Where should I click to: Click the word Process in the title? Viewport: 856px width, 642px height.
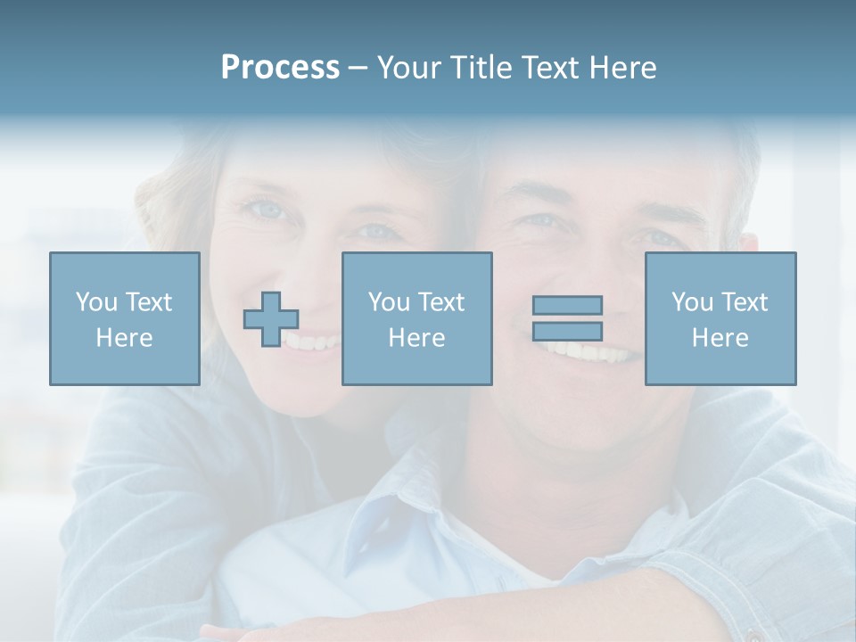(x=280, y=68)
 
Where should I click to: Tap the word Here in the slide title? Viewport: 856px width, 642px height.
(x=621, y=68)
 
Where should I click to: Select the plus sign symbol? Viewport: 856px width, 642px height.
(x=271, y=319)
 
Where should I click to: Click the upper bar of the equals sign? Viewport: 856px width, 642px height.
(x=567, y=305)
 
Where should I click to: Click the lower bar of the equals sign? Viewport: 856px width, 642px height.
(x=567, y=331)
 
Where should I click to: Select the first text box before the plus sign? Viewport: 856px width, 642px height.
(x=125, y=318)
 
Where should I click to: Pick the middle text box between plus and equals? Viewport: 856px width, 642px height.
(x=416, y=318)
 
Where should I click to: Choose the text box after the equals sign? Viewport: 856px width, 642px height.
(x=720, y=318)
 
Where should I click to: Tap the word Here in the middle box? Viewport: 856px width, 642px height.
(x=416, y=338)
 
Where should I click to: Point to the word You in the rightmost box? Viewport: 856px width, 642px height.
(x=692, y=302)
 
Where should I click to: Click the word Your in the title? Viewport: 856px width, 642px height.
(x=411, y=68)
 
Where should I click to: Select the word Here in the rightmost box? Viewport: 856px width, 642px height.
(x=720, y=338)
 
